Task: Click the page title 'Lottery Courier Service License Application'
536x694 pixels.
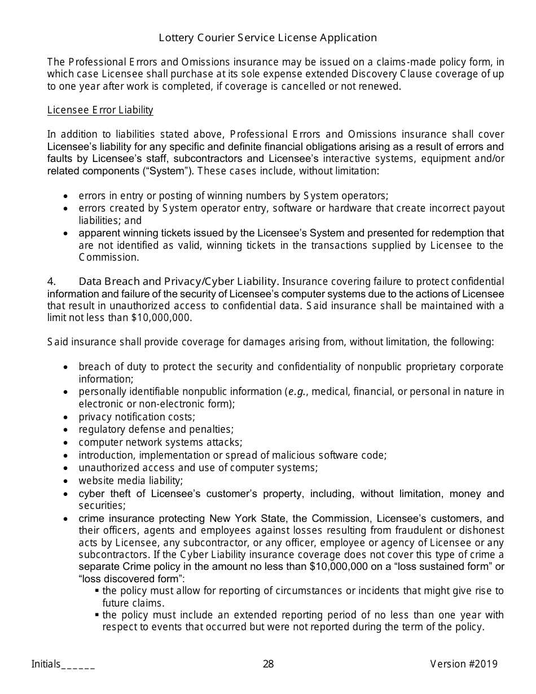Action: pos(267,38)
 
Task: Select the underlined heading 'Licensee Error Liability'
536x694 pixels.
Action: pos(100,110)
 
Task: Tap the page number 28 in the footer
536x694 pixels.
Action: pos(268,664)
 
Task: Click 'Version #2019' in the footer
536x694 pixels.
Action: pos(464,664)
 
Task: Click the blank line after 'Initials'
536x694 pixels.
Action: pos(78,665)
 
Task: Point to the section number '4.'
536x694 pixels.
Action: pos(52,281)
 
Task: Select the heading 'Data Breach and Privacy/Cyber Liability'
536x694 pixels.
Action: pos(178,281)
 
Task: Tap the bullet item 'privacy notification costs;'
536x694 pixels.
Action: pos(137,417)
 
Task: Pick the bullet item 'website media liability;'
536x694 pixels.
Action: pos(131,481)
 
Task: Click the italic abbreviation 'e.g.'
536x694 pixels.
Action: pos(297,392)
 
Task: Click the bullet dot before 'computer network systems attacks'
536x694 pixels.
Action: pos(67,443)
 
